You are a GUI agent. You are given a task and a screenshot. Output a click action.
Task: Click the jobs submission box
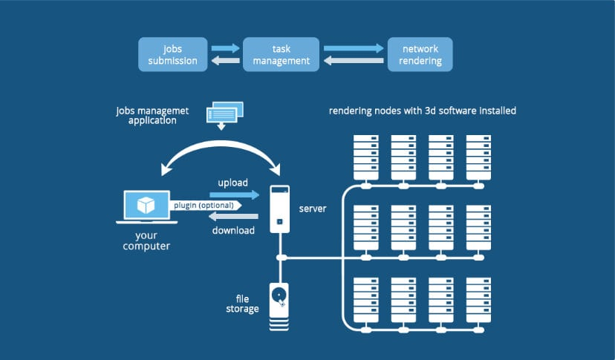173,55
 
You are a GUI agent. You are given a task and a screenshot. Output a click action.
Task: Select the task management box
281,55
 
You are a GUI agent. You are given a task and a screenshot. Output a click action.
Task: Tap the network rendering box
420,55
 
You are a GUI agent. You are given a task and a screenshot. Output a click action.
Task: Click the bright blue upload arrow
235,194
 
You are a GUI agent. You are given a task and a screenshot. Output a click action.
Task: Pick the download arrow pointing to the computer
232,216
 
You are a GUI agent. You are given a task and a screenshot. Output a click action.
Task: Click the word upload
232,182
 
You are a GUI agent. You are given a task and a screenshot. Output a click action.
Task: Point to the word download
232,230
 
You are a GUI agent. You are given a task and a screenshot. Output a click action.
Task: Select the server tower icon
279,209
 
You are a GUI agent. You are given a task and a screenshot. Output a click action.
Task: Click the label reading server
312,209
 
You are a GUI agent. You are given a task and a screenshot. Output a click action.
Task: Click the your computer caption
146,240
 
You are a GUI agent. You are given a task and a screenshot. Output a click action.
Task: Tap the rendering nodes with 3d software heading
423,111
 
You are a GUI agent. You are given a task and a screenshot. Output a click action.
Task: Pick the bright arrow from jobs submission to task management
225,48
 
